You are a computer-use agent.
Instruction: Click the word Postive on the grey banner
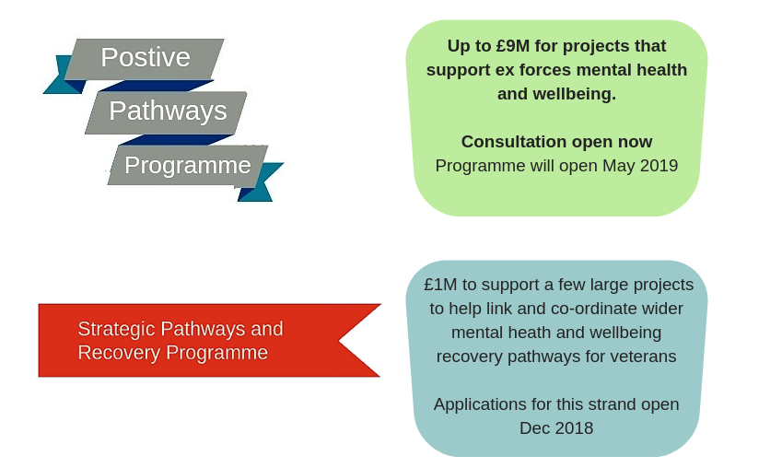point(146,57)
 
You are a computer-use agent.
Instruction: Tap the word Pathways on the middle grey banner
point(168,111)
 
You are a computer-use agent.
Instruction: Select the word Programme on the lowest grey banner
point(188,165)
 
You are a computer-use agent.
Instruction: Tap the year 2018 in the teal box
point(574,428)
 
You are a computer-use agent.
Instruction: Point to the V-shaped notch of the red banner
point(339,341)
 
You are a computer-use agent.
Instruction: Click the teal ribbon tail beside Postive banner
point(63,79)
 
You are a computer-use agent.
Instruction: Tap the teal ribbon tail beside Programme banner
point(262,182)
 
